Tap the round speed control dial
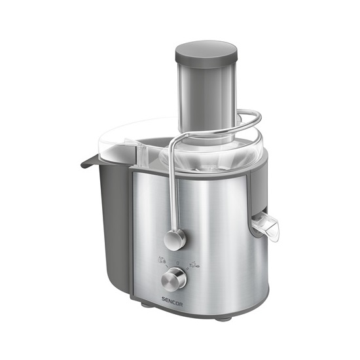pyautogui.click(x=174, y=280)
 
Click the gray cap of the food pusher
pyautogui.click(x=206, y=52)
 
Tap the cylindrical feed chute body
pyautogui.click(x=206, y=98)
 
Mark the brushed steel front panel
pyautogui.click(x=209, y=229)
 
